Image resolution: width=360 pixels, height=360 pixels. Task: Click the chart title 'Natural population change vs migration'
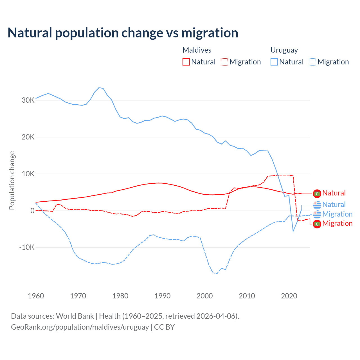(123, 33)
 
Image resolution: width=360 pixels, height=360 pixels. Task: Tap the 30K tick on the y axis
(28, 100)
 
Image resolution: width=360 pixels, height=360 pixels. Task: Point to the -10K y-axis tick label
(27, 247)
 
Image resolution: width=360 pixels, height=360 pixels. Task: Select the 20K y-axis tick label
(28, 137)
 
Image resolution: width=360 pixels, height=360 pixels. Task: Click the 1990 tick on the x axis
(163, 296)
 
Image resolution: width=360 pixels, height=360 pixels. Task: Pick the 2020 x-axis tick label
(289, 296)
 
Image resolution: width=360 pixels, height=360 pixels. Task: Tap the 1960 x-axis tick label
(36, 296)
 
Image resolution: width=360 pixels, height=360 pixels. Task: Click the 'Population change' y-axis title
(12, 180)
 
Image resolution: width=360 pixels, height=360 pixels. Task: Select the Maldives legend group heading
(197, 50)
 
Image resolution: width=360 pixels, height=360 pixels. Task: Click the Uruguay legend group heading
(284, 50)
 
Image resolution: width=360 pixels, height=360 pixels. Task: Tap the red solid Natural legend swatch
(186, 62)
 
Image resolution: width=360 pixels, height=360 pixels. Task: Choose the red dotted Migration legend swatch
(224, 62)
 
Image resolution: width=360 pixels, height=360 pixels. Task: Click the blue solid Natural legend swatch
(274, 62)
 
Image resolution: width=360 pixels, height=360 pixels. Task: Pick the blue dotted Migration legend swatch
(312, 62)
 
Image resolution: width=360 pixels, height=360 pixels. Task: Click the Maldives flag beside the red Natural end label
(317, 193)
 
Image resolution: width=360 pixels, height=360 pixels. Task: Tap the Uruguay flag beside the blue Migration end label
(317, 214)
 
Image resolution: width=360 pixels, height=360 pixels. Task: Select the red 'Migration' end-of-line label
(337, 224)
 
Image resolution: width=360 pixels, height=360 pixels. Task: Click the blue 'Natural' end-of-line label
(334, 205)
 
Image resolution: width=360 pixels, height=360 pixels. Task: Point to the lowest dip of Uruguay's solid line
(293, 231)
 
